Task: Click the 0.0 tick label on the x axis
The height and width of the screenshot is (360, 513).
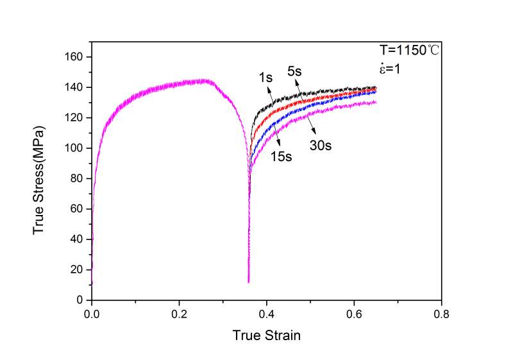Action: pyautogui.click(x=92, y=314)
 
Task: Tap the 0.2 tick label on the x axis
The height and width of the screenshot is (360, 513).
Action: pyautogui.click(x=180, y=314)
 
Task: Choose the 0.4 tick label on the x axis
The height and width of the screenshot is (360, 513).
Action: pyautogui.click(x=267, y=314)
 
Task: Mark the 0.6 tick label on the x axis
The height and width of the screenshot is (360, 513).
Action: pyautogui.click(x=354, y=314)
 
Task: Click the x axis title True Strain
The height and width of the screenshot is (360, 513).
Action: pyautogui.click(x=267, y=335)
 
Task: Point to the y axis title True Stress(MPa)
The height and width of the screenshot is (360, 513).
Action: pyautogui.click(x=40, y=178)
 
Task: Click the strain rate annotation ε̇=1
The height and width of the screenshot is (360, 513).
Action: pyautogui.click(x=389, y=67)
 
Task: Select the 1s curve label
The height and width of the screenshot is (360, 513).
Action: pyautogui.click(x=265, y=78)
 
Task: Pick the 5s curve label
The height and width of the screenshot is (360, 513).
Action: pyautogui.click(x=295, y=72)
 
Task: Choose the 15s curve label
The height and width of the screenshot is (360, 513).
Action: pyautogui.click(x=280, y=156)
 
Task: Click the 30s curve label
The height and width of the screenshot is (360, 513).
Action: pyautogui.click(x=321, y=146)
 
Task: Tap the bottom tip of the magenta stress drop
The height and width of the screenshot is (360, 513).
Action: pyautogui.click(x=248, y=282)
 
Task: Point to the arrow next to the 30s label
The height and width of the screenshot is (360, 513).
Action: pyautogui.click(x=312, y=124)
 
